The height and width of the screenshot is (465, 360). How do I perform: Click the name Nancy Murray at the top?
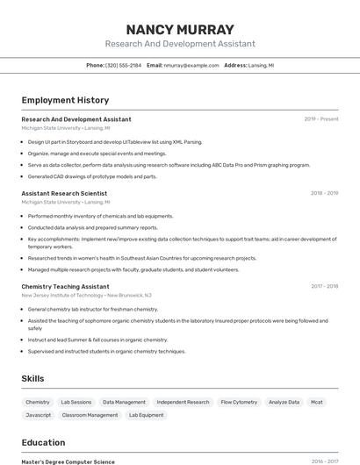pyautogui.click(x=179, y=30)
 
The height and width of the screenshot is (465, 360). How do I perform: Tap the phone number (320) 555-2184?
pyautogui.click(x=123, y=65)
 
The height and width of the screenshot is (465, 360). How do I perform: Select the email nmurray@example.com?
pyautogui.click(x=191, y=65)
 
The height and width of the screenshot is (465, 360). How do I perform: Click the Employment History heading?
pyautogui.click(x=65, y=100)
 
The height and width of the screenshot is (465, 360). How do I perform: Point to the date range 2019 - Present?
pyautogui.click(x=321, y=119)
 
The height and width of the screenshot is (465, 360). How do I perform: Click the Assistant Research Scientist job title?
pyautogui.click(x=64, y=193)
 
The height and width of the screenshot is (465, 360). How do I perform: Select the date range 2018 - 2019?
pyautogui.click(x=324, y=193)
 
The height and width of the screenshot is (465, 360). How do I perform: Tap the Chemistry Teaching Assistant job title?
pyautogui.click(x=65, y=286)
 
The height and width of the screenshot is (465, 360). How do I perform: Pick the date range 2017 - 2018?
pyautogui.click(x=324, y=286)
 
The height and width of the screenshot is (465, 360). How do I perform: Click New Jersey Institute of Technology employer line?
pyautogui.click(x=86, y=296)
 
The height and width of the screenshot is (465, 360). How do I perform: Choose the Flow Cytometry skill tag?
pyautogui.click(x=239, y=402)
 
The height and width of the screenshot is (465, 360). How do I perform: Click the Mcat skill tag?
pyautogui.click(x=316, y=402)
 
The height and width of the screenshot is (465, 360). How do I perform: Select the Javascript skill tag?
pyautogui.click(x=38, y=415)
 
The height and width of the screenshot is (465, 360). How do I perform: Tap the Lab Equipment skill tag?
pyautogui.click(x=146, y=415)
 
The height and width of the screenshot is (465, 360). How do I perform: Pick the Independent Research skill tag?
pyautogui.click(x=183, y=402)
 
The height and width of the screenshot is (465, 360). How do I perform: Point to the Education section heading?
pyautogui.click(x=43, y=442)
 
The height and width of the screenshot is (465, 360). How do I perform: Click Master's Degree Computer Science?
pyautogui.click(x=68, y=461)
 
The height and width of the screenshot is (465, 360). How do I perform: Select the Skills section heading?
pyautogui.click(x=33, y=378)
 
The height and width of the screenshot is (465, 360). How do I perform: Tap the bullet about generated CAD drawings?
pyautogui.click(x=92, y=176)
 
